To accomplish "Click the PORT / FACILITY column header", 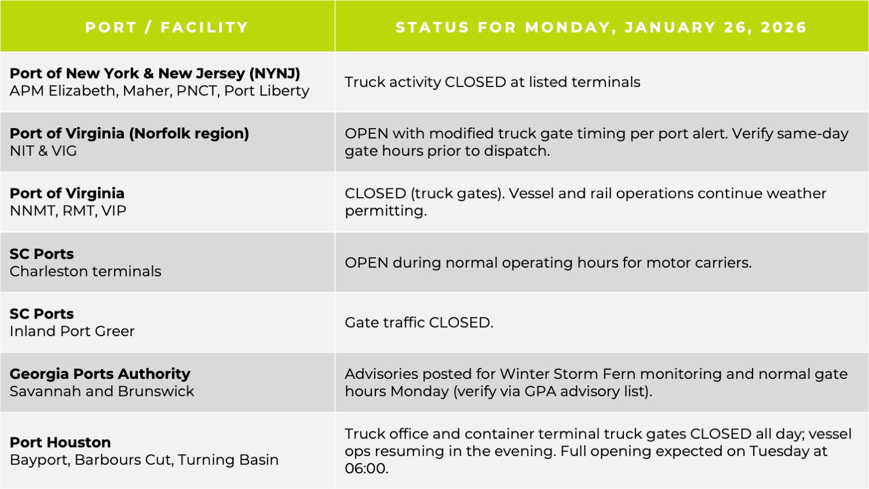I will point(167,27).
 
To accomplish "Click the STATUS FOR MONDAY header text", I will point(504,27).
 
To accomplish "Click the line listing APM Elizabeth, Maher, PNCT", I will point(159,91).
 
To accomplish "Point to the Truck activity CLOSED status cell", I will point(492,82).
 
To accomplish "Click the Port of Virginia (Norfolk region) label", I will point(129,133).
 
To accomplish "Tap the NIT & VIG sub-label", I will point(43,151).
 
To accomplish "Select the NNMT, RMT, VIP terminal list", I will point(68,211).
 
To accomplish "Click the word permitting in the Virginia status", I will point(385,211).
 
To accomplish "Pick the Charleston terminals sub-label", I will point(85,271).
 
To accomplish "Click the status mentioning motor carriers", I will point(547,262).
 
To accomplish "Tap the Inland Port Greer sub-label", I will point(72,331).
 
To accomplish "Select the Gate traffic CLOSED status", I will point(418,323).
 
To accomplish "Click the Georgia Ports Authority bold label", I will point(100,374).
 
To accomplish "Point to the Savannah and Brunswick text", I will point(101,392).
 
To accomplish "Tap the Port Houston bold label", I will point(60,442).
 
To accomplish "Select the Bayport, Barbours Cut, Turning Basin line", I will point(144,460).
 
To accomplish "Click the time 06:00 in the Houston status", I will point(366,469).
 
